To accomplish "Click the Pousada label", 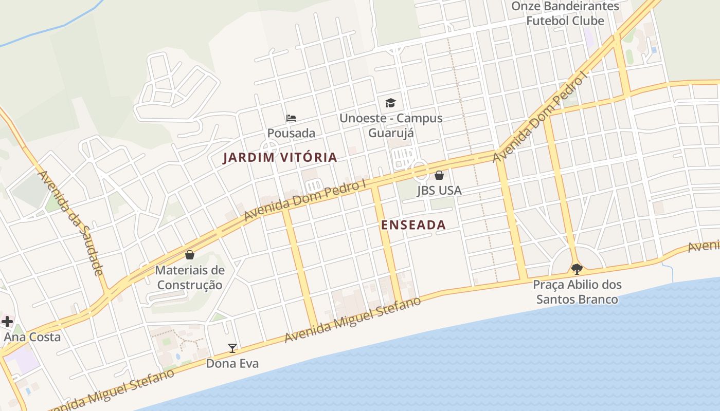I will coord(291,133).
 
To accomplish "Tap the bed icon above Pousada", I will coord(291,118).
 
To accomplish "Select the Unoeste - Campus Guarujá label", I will coord(391,125).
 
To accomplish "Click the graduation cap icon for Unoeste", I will coord(391,103).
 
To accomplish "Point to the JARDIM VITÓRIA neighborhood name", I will coord(280,158).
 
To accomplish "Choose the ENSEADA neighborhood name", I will coord(413,225).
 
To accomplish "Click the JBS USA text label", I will coord(439,191).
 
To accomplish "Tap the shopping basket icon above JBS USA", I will coord(439,175).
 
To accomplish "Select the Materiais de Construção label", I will coord(190,277).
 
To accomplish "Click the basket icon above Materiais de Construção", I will coord(190,255).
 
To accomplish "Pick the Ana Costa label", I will coord(32,338).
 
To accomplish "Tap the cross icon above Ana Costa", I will coord(7,322).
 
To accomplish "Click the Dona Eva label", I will coord(232,364).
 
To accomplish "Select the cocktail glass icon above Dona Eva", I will coord(232,348).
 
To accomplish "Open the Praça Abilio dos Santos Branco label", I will coord(577,292).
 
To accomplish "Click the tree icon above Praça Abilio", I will coord(577,269).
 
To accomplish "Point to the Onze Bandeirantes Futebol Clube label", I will coord(565,13).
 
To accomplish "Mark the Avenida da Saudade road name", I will coord(71,222).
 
